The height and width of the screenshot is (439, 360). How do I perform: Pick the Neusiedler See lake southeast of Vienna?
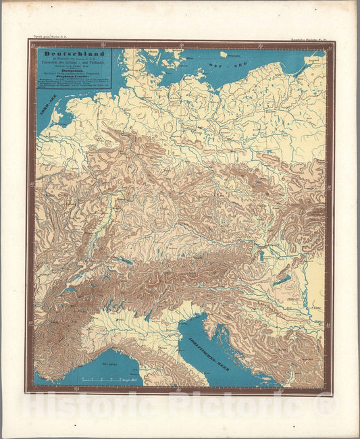[x=263, y=256]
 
